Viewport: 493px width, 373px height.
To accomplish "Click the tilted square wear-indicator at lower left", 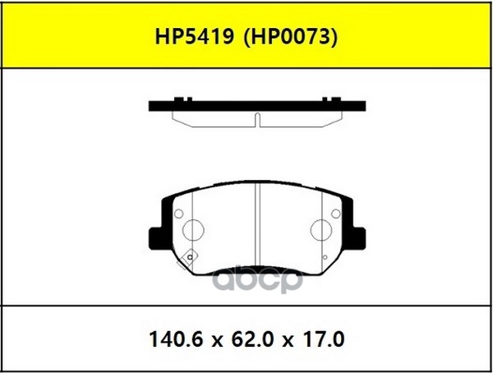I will click(x=190, y=257).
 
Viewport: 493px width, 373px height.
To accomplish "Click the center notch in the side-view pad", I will click(x=257, y=120).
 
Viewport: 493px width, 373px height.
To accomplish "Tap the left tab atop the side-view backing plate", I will click(x=177, y=99).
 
